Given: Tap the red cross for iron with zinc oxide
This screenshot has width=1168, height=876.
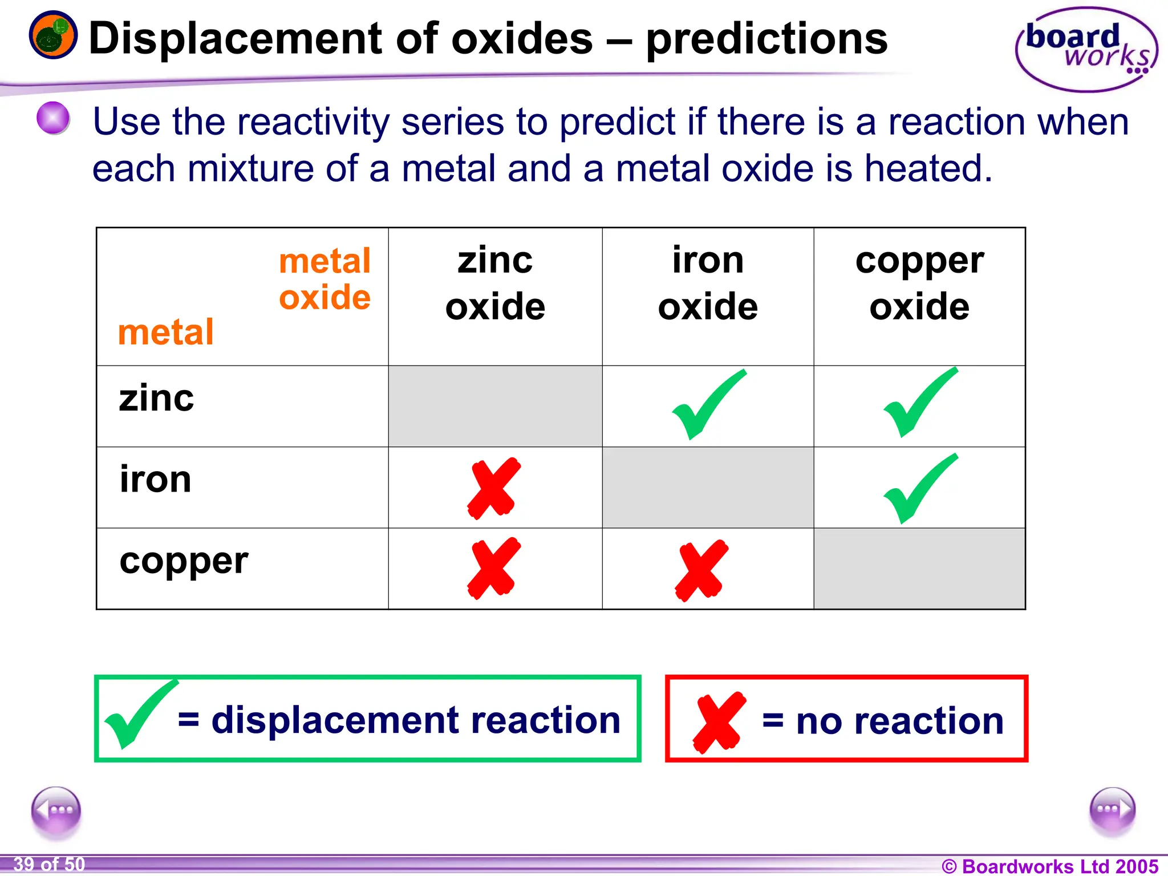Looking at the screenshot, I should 494,488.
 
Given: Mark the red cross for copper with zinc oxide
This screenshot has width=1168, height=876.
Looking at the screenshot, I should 494,569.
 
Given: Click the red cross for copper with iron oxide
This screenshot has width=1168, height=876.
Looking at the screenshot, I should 701,571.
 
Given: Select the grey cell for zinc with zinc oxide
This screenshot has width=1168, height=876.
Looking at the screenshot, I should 495,406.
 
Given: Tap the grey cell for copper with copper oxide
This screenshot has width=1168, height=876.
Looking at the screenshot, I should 919,569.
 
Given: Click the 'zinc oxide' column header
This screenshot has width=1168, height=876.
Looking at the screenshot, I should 495,283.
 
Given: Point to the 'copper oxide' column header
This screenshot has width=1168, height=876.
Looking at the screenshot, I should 919,283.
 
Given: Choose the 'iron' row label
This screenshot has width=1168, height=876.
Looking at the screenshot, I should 155,479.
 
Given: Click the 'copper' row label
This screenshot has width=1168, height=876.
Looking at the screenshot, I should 184,561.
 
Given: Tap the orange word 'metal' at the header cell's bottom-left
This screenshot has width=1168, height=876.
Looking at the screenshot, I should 165,332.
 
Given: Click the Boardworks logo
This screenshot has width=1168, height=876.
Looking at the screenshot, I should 1086,50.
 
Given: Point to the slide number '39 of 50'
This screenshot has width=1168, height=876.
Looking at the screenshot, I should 49,865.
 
